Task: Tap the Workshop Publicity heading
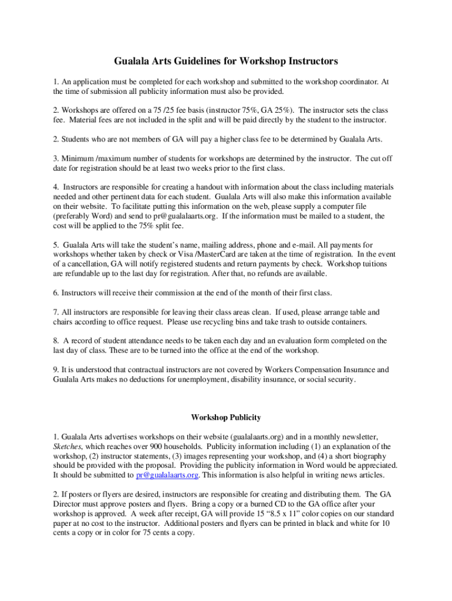(x=226, y=418)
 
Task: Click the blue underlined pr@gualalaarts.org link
(x=167, y=475)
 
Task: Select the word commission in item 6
(x=157, y=292)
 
